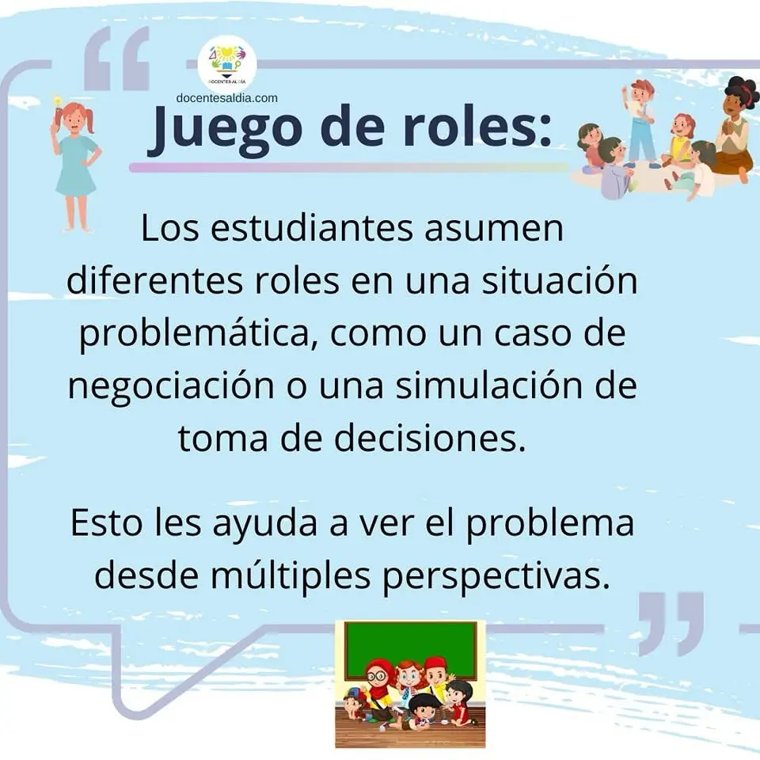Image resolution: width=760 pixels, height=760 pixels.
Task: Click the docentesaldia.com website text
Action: click(227, 98)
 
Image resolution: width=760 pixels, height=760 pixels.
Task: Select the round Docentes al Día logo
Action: click(227, 63)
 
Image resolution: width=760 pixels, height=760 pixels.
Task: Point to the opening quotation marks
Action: click(117, 58)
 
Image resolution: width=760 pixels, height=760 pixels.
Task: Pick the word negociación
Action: click(171, 387)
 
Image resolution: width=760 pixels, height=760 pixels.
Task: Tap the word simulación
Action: click(489, 386)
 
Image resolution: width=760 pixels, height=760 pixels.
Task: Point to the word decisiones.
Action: click(430, 439)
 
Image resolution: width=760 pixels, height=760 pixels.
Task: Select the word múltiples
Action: click(291, 576)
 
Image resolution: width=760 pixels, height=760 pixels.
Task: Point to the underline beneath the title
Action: click(349, 167)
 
